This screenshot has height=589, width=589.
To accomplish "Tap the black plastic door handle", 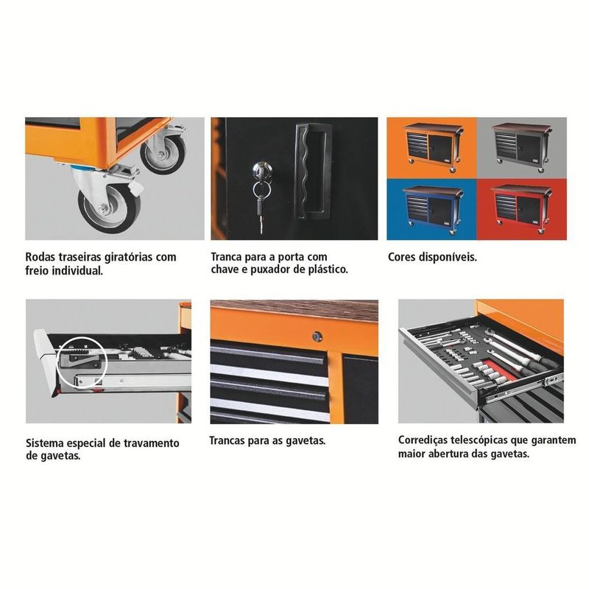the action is (312, 172).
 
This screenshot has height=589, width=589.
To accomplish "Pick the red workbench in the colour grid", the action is (521, 208).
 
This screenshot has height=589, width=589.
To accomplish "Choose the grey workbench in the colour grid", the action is (522, 147).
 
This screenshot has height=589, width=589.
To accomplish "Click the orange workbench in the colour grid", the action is (434, 147).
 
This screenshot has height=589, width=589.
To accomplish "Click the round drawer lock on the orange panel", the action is (317, 336).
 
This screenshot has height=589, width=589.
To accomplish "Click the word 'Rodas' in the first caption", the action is (40, 257).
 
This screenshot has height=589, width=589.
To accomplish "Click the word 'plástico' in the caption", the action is (328, 269).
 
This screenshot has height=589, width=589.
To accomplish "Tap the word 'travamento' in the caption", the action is (155, 443).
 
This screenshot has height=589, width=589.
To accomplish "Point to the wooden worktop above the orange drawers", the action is (294, 310).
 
